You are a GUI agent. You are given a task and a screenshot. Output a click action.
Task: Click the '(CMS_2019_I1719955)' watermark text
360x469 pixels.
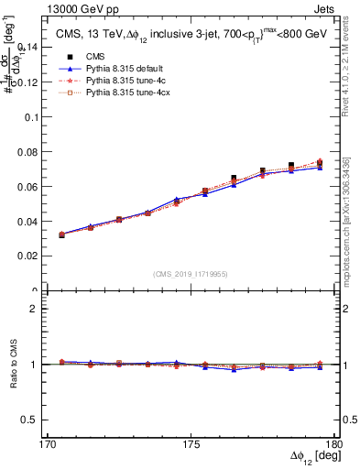pyautogui.click(x=190, y=273)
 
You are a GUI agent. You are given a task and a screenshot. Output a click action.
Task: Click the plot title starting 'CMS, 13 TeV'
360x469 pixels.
pyautogui.click(x=184, y=33)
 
